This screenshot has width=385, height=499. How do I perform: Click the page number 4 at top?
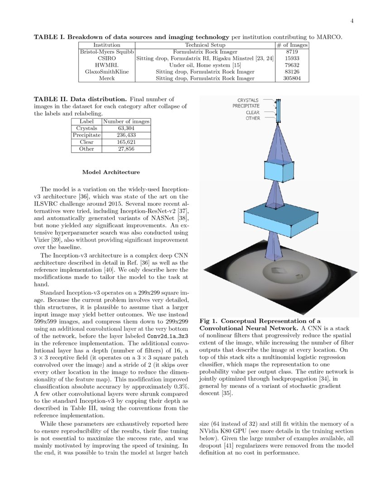(351, 21)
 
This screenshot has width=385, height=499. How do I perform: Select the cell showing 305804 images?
(292, 78)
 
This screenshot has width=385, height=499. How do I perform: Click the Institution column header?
(106, 45)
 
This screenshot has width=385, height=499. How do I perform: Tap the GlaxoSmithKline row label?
(106, 72)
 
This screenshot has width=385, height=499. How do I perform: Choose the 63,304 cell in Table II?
(126, 128)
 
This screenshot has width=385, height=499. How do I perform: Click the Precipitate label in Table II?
(87, 135)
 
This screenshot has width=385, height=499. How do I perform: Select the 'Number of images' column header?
(126, 122)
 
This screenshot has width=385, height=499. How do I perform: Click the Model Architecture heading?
(111, 172)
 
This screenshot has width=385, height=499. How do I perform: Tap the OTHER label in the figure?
(253, 118)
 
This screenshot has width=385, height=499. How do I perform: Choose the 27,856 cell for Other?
(126, 149)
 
